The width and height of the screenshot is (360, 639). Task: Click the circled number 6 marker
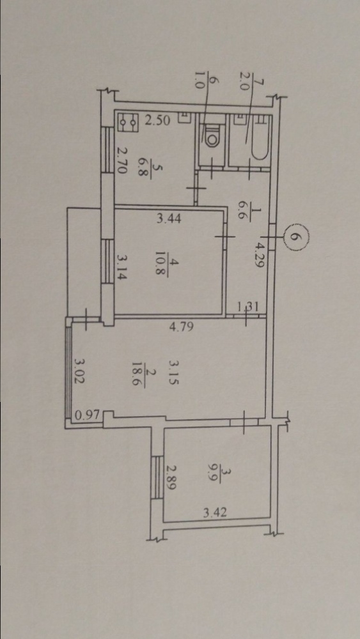click(296, 236)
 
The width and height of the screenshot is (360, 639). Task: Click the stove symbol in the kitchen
click(128, 122)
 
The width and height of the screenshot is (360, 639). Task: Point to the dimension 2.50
click(158, 120)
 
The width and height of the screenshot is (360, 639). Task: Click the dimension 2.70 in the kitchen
click(121, 160)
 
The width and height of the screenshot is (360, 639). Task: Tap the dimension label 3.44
click(169, 219)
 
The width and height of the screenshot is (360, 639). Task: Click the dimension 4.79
click(180, 327)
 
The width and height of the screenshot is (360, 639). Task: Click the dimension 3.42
click(215, 512)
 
